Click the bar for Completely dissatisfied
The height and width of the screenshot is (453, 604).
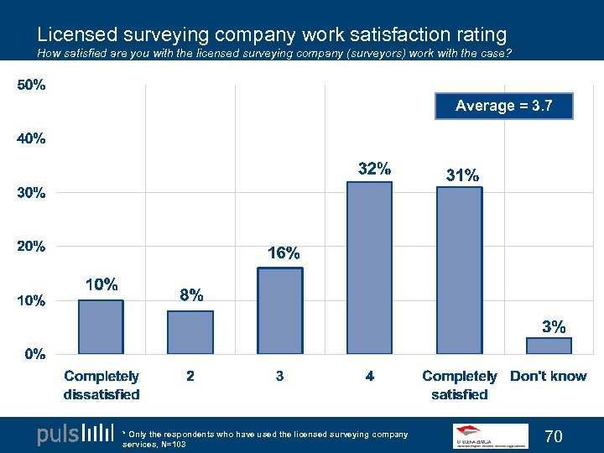click(x=101, y=326)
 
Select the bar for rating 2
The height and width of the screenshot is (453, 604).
click(x=190, y=332)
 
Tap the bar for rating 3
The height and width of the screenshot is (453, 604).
click(x=280, y=310)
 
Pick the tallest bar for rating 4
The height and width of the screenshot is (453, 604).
click(x=369, y=268)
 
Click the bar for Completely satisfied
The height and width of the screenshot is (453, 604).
click(x=459, y=270)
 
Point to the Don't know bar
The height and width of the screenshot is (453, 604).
click(x=549, y=346)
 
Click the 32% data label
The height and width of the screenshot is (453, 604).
click(x=374, y=169)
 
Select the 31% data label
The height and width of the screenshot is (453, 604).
click(x=463, y=175)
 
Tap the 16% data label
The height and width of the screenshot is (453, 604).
click(x=284, y=253)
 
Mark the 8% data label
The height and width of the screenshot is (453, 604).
click(x=191, y=295)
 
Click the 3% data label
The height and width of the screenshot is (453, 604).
click(x=554, y=326)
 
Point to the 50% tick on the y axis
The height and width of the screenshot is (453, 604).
click(x=31, y=86)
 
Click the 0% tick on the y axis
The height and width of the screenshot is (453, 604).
click(x=34, y=353)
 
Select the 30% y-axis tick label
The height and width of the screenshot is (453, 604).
click(x=31, y=193)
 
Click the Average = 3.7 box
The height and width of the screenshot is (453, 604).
click(x=503, y=106)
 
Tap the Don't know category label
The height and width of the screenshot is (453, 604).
click(x=549, y=377)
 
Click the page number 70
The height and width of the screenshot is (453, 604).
click(x=554, y=435)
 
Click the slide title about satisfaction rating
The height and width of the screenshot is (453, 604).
click(x=272, y=34)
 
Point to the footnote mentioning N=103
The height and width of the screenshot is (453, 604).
click(x=265, y=439)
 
